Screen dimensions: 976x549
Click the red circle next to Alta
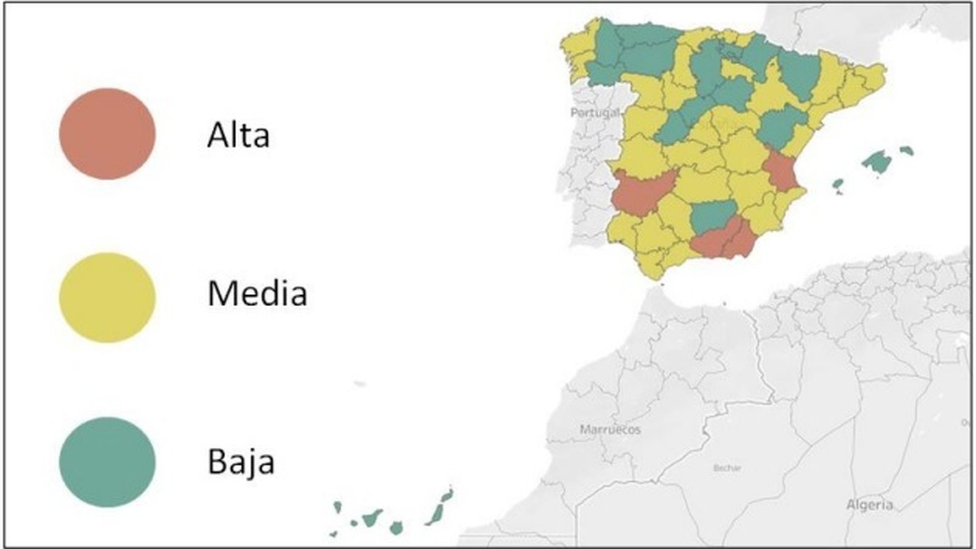[x=107, y=134]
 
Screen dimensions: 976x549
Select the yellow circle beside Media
[x=107, y=298]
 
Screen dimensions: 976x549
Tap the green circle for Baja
[x=107, y=462]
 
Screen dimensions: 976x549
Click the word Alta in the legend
[x=238, y=135]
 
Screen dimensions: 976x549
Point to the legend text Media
[x=257, y=293]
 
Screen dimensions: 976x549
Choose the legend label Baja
[x=241, y=462]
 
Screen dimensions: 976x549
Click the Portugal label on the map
[x=595, y=113]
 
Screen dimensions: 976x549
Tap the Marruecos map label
[x=610, y=429]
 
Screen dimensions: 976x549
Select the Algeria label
[x=869, y=504]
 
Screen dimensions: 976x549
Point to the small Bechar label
[x=727, y=468]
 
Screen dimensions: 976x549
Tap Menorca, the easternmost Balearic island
[x=907, y=150]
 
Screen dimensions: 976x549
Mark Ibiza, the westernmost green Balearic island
[x=838, y=184]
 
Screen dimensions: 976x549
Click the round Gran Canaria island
[x=396, y=527]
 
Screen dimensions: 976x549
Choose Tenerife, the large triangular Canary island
[x=371, y=518]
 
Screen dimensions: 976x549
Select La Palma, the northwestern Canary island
[x=337, y=507]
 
